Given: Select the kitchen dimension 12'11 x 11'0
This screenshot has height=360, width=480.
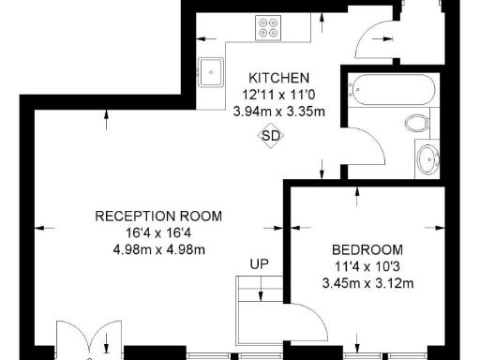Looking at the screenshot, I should (277, 95).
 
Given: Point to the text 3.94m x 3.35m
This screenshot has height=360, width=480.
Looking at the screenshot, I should (278, 112).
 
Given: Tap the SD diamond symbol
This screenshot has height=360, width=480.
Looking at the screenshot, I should (271, 136).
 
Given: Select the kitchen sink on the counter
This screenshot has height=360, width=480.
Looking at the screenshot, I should (210, 69).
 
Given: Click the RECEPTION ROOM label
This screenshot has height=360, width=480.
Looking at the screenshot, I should (158, 216).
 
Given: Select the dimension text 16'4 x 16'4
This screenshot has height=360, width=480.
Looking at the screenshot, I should (159, 232).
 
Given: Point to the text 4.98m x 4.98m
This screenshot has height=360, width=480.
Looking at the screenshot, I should (159, 249).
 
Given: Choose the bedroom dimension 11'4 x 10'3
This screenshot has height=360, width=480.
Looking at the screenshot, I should (367, 266).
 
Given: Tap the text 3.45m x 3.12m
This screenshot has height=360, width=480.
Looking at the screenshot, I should (367, 283).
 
